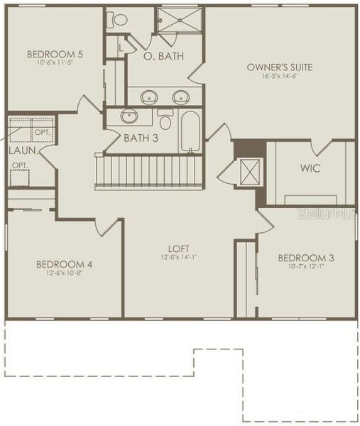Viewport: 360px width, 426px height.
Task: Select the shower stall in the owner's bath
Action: (178, 21)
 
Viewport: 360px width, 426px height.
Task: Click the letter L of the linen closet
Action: (123, 46)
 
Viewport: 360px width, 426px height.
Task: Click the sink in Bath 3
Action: (129, 116)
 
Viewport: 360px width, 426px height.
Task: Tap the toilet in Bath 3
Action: (165, 119)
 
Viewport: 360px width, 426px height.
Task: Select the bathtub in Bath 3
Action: (191, 130)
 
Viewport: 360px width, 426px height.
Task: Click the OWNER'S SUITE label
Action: (279, 67)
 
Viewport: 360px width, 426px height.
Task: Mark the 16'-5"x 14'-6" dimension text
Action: (279, 77)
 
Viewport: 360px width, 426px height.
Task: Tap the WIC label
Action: (310, 168)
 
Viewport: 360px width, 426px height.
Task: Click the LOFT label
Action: (178, 248)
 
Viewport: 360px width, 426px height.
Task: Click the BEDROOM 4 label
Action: (64, 264)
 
